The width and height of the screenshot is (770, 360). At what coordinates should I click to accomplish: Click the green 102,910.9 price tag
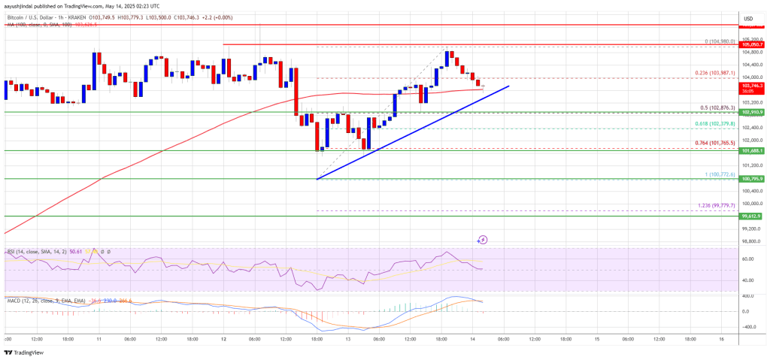[753, 112]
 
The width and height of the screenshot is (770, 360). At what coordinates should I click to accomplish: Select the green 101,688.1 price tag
[753, 150]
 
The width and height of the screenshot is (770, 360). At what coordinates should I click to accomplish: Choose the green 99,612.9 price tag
[753, 216]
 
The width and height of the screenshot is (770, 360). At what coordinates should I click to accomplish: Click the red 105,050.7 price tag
[753, 45]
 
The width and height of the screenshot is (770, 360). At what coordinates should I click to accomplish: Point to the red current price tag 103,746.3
[753, 86]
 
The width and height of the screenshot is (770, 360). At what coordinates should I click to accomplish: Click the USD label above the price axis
[748, 18]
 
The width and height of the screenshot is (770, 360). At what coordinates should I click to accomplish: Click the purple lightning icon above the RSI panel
[483, 240]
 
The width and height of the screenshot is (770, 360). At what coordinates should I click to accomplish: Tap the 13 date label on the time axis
[349, 339]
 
